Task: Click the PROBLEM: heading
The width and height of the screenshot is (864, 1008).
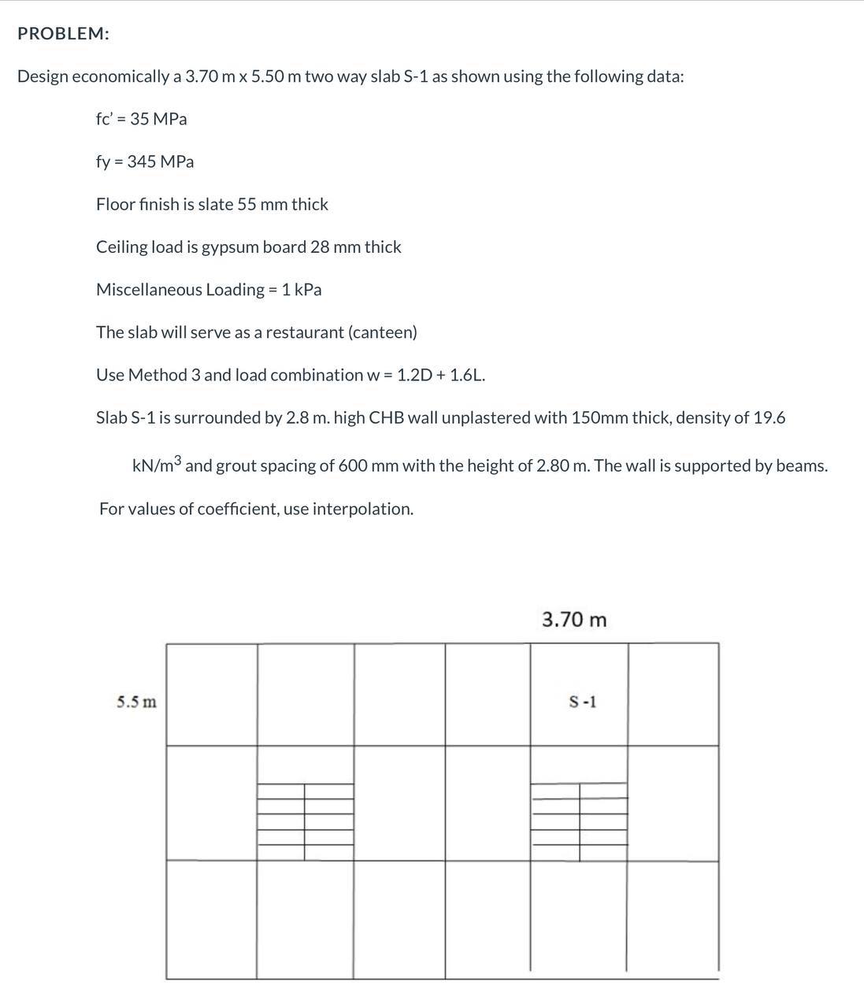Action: pos(63,34)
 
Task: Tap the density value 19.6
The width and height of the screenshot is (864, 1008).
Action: pos(769,417)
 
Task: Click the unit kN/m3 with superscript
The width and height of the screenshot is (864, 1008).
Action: pos(157,465)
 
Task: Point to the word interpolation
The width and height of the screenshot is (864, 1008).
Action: pos(362,509)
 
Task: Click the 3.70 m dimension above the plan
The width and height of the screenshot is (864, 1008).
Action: pos(574,620)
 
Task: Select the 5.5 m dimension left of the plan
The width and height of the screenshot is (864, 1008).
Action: pos(136,702)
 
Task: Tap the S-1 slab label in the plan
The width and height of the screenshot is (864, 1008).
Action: pos(583,701)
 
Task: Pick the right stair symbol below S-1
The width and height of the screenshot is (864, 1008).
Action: pos(580,821)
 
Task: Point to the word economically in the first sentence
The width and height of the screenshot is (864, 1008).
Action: pos(119,77)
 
